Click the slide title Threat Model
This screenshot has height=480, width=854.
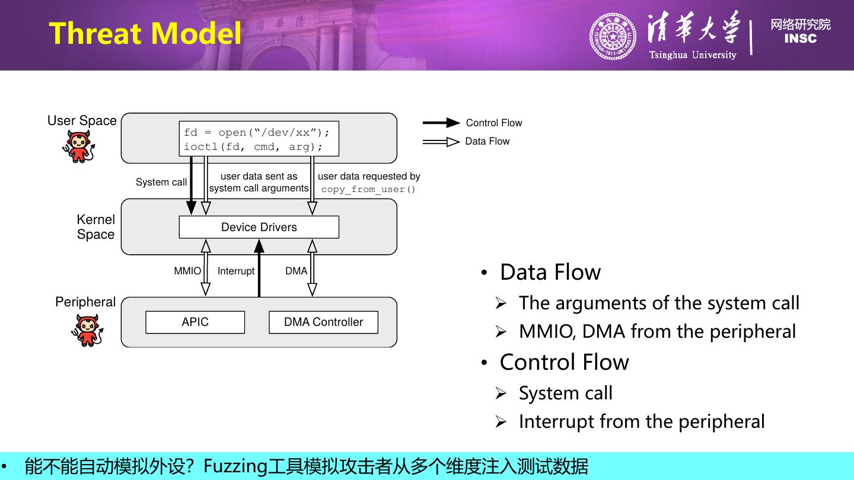(145, 33)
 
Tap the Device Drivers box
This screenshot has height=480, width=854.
(259, 227)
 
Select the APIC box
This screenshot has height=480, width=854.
(195, 322)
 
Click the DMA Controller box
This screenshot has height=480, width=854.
(323, 322)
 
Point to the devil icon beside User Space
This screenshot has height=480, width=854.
(78, 146)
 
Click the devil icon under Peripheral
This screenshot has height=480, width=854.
(87, 330)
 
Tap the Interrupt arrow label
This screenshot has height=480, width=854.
(236, 271)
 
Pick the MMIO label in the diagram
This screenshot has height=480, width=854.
(187, 271)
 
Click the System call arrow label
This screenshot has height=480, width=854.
(161, 182)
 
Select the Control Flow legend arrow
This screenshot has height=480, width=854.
(441, 123)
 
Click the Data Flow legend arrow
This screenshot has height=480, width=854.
(441, 142)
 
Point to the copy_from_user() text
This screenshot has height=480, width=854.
(368, 190)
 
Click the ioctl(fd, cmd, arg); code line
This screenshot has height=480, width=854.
(253, 147)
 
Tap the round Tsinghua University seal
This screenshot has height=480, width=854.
(613, 37)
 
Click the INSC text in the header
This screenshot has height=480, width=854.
(800, 39)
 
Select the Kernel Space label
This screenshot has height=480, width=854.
(95, 227)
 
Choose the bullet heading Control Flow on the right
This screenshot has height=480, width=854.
(564, 362)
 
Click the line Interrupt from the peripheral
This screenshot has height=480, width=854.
(641, 421)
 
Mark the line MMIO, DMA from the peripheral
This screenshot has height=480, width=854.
(657, 331)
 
